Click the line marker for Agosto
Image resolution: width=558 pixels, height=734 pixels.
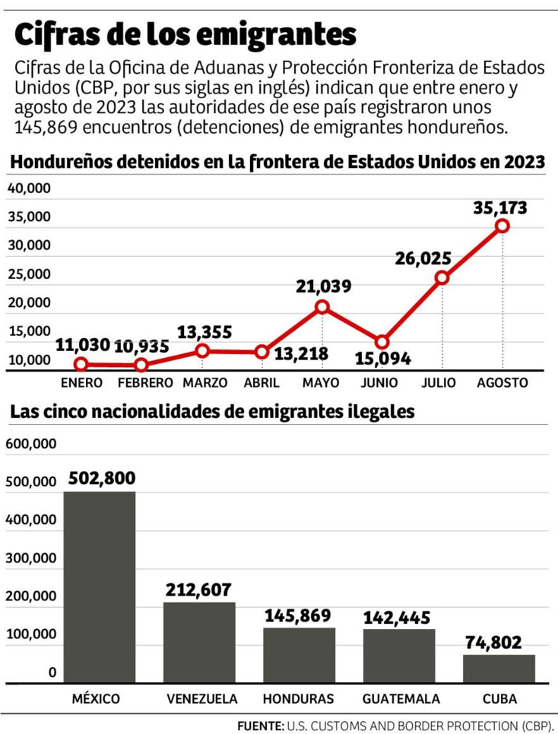[x=502, y=226]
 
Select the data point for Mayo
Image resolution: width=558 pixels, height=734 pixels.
[x=322, y=307]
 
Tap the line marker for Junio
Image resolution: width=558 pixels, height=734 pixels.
[x=381, y=342]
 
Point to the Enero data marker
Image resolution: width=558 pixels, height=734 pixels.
[x=80, y=364]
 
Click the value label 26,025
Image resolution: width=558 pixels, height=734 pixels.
[x=423, y=259]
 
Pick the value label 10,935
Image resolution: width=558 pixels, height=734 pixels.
[x=142, y=346]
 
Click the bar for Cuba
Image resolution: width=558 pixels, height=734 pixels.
[x=499, y=668]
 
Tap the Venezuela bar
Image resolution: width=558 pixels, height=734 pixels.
[x=199, y=642]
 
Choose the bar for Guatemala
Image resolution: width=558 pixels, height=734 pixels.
[x=399, y=656]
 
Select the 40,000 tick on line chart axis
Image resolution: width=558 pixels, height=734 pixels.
[x=28, y=189]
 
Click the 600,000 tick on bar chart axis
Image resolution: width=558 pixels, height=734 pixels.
[x=31, y=444]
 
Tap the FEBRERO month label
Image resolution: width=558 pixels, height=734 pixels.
[x=145, y=383]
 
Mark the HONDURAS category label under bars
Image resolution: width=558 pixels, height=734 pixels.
[x=298, y=699]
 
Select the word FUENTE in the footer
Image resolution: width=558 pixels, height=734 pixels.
[x=260, y=725]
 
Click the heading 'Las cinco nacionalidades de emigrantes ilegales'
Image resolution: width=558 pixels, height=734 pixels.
[x=213, y=412]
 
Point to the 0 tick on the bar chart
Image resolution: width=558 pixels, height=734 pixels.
[x=52, y=673]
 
